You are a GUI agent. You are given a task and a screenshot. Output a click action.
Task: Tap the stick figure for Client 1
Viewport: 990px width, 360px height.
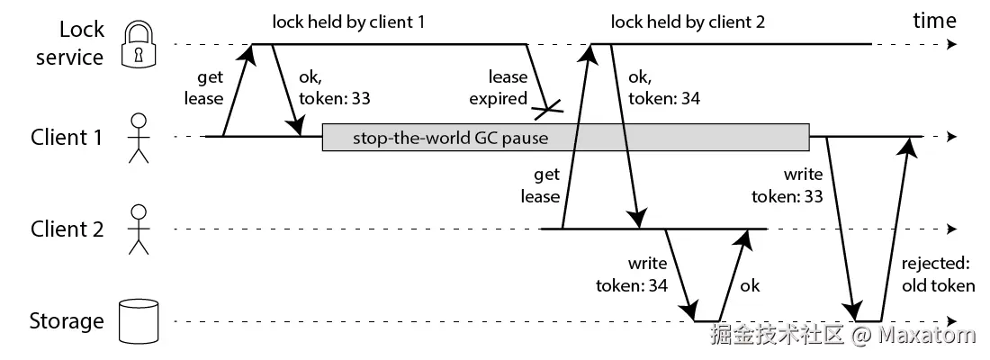pyautogui.click(x=137, y=138)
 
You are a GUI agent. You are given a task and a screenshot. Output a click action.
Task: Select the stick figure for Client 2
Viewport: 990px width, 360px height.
pyautogui.click(x=137, y=229)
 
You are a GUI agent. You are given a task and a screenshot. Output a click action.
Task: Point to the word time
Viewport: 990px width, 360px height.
pyautogui.click(x=934, y=21)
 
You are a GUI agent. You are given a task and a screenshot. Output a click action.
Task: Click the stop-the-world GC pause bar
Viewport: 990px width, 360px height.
pyautogui.click(x=565, y=138)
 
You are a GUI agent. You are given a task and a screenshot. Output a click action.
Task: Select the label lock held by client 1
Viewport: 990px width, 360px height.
pyautogui.click(x=347, y=22)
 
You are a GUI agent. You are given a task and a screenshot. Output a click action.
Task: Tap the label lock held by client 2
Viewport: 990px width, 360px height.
pyautogui.click(x=687, y=22)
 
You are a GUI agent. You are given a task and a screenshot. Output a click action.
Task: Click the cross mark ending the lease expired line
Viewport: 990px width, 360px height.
pyautogui.click(x=547, y=111)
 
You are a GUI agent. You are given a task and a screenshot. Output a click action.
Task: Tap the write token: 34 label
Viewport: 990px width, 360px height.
pyautogui.click(x=632, y=274)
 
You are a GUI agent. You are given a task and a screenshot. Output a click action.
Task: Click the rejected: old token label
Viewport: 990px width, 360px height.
pyautogui.click(x=937, y=274)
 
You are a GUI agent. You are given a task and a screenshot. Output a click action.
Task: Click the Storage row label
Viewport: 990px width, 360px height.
pyautogui.click(x=67, y=321)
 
